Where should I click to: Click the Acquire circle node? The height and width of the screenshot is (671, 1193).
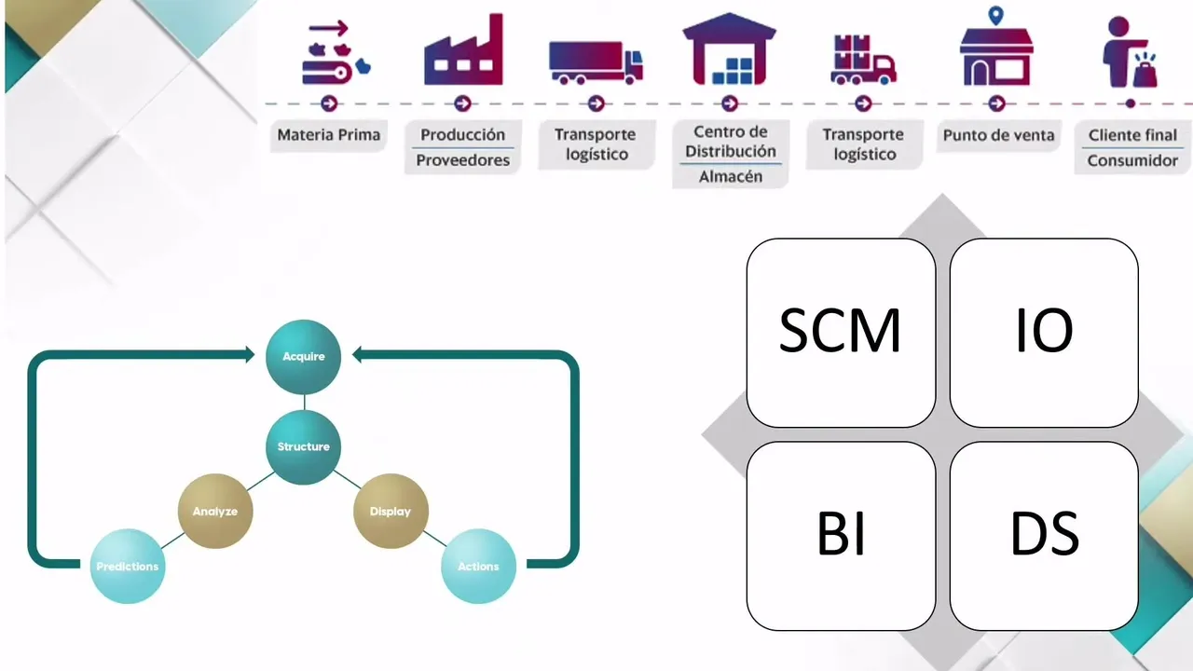click(x=303, y=356)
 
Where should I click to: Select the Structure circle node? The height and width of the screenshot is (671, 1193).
click(x=303, y=446)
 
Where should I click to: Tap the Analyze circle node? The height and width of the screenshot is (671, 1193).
click(x=215, y=511)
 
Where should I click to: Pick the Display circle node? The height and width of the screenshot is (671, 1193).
click(x=391, y=511)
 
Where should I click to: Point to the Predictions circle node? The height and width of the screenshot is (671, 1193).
click(x=128, y=566)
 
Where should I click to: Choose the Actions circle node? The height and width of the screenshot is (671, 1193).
click(x=478, y=566)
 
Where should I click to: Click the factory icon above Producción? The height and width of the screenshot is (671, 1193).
click(x=463, y=51)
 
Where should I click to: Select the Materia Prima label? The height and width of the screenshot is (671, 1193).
click(x=329, y=135)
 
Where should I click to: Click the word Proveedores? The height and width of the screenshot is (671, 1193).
click(x=463, y=160)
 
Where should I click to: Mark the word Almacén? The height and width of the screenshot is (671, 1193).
click(x=731, y=176)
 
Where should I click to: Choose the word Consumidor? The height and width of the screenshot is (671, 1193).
click(x=1132, y=160)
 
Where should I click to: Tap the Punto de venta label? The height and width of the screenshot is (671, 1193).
click(x=998, y=135)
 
